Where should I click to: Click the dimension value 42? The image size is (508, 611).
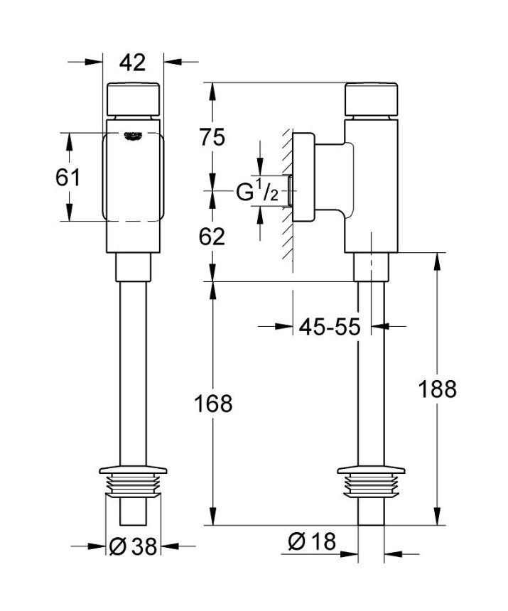132,63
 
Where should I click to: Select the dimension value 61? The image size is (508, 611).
68,177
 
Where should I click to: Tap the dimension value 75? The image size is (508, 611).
212,136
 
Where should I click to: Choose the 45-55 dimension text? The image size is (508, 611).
330,327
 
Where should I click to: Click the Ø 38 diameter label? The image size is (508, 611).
134,546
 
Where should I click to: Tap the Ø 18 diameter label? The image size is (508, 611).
311,541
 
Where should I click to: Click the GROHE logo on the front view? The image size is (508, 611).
133,134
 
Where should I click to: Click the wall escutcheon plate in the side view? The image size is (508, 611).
304,178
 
